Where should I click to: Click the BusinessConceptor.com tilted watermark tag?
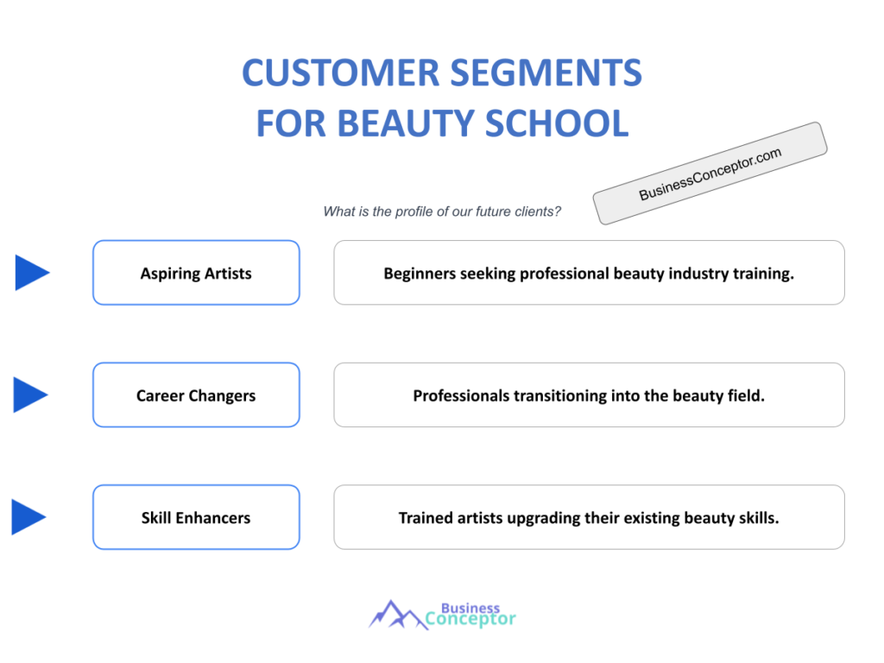710,174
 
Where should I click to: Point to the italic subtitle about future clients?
442,212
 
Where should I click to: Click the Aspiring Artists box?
196,273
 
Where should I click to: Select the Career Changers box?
196,395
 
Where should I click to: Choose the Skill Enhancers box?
196,518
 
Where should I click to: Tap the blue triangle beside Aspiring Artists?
31,273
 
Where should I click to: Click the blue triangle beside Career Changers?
30,395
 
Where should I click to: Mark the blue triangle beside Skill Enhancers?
28,517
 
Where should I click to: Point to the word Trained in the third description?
425,519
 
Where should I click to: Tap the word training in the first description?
763,274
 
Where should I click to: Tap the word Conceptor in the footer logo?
471,619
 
